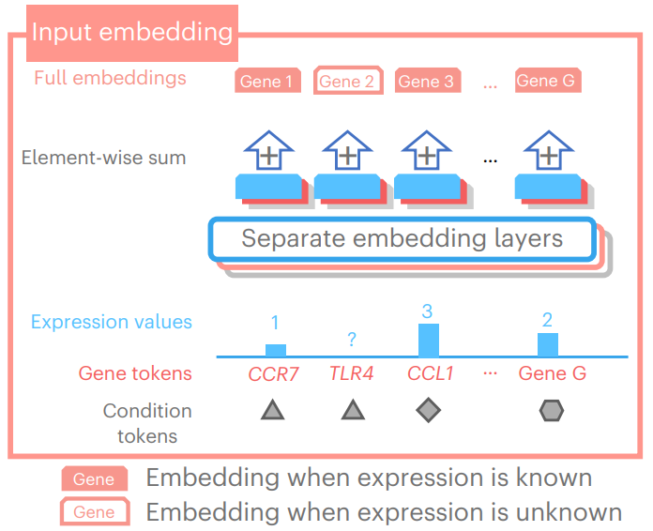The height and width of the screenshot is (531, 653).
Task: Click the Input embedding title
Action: click(131, 32)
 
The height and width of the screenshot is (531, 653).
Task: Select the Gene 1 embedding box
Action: click(266, 82)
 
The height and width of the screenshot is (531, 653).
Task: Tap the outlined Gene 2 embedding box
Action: click(346, 82)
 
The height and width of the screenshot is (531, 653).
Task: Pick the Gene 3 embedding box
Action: click(426, 82)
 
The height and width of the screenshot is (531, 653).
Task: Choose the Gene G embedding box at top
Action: click(546, 81)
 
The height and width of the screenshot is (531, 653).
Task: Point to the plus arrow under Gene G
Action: click(548, 153)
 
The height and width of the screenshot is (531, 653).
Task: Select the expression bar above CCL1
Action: click(429, 339)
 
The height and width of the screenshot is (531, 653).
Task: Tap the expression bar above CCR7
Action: click(275, 350)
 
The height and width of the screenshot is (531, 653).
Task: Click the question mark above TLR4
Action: click(352, 340)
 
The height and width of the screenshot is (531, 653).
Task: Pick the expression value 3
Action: click(427, 311)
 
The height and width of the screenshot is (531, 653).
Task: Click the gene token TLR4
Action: click(352, 373)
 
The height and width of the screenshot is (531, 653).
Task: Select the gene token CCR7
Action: click(273, 373)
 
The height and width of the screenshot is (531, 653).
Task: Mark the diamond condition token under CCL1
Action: click(428, 409)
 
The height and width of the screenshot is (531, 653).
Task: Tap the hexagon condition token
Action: click(552, 409)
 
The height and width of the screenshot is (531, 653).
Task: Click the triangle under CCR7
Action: click(272, 409)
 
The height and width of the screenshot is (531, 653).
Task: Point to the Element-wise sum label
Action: click(103, 158)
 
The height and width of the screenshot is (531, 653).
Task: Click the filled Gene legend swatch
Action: click(94, 479)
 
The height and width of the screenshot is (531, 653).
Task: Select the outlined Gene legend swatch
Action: click(94, 512)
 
